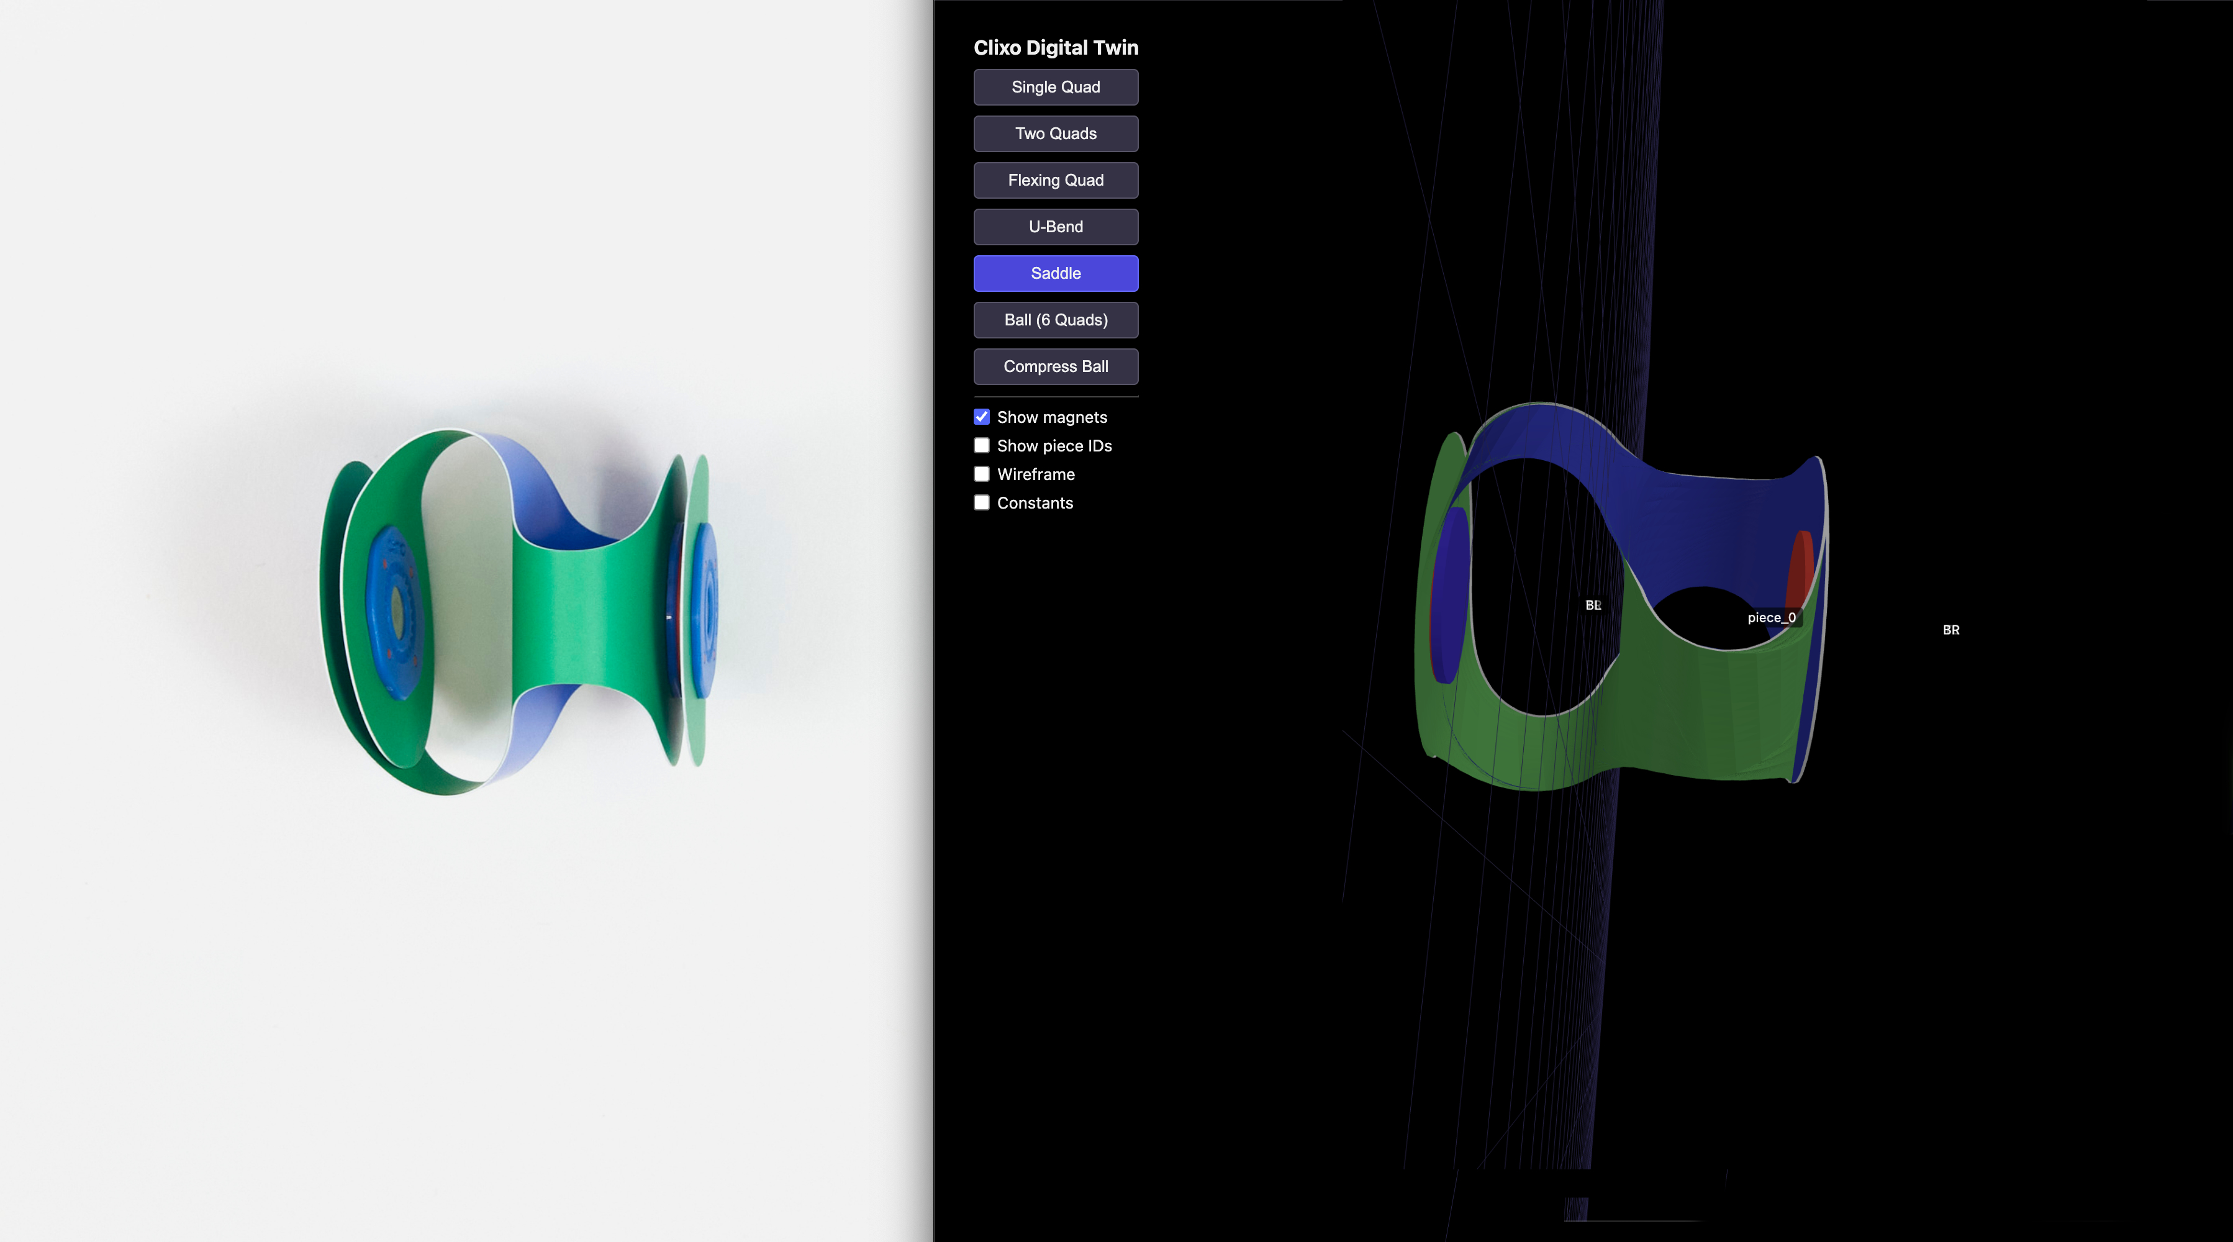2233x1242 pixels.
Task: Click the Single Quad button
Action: (x=1055, y=87)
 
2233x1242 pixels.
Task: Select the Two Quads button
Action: (x=1055, y=134)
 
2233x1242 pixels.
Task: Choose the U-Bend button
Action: (x=1055, y=226)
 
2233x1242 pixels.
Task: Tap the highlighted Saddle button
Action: (x=1055, y=273)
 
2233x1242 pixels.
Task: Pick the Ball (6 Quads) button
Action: (x=1055, y=320)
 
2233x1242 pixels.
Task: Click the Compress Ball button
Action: (x=1055, y=366)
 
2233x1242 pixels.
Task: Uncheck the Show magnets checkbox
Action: (x=981, y=417)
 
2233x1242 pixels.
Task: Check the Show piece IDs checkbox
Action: (x=981, y=445)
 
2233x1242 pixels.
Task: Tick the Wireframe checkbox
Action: (x=981, y=474)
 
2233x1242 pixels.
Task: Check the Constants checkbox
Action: (x=981, y=502)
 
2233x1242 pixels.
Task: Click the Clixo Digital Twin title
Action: (x=1055, y=48)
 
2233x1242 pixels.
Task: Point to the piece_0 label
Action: (x=1770, y=618)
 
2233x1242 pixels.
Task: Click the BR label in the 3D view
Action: (x=1950, y=630)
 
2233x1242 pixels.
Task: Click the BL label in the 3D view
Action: (x=1592, y=605)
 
